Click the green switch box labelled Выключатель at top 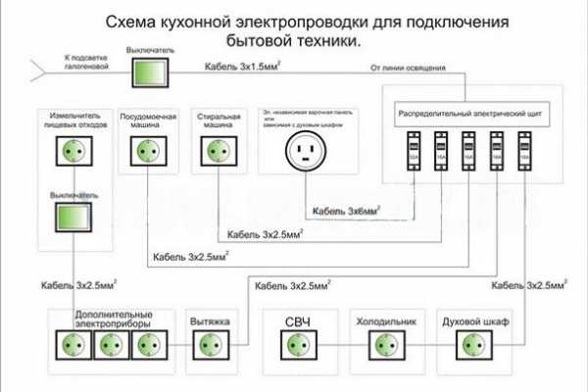coord(148,72)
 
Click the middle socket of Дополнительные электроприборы coord(111,345)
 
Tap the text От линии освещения coord(409,69)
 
